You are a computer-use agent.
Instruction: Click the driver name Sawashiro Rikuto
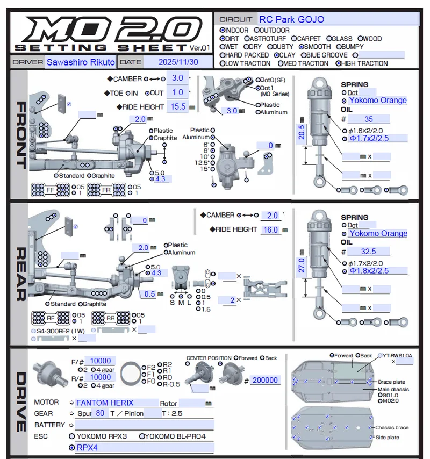(x=81, y=62)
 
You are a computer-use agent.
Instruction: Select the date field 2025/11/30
(x=178, y=62)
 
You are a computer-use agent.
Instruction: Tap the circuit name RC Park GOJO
(x=291, y=19)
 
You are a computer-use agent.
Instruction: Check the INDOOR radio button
(x=223, y=31)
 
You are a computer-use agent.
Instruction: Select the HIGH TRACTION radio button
(x=339, y=63)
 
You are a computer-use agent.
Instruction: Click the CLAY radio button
(x=277, y=55)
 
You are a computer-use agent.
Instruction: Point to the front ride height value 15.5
(x=178, y=106)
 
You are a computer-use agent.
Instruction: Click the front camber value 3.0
(x=177, y=78)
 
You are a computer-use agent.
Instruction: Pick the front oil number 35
(x=368, y=119)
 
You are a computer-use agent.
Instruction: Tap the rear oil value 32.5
(x=368, y=251)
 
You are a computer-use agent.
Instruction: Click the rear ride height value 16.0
(x=270, y=230)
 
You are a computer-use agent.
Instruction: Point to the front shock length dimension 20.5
(x=302, y=132)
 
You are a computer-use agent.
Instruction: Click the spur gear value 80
(x=100, y=413)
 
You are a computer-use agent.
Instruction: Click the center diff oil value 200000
(x=265, y=380)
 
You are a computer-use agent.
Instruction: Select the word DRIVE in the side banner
(x=19, y=402)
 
